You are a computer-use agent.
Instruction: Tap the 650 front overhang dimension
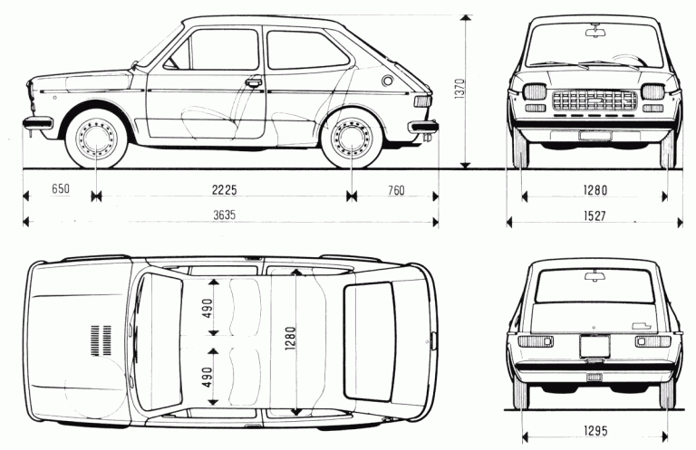[61, 191]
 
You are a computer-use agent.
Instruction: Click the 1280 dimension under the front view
[594, 191]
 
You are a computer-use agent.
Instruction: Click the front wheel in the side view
[95, 139]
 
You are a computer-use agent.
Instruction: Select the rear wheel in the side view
[350, 139]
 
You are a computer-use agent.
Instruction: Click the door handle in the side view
[253, 82]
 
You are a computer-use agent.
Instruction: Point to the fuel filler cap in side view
[389, 81]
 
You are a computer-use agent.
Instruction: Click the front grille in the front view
[594, 98]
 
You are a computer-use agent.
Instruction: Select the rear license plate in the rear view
[594, 346]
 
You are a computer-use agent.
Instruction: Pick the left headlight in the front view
[535, 91]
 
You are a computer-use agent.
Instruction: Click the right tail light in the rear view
[652, 340]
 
